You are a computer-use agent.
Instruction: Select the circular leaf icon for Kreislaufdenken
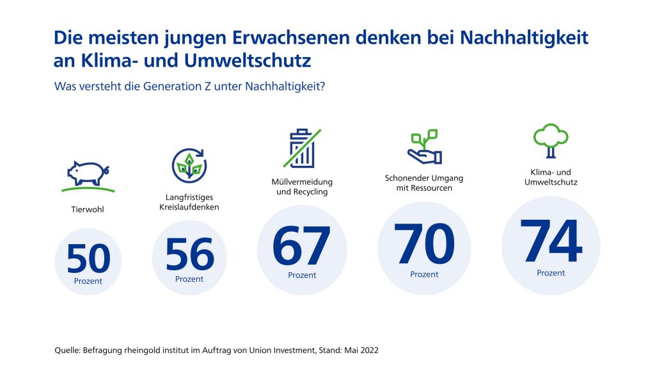(189, 166)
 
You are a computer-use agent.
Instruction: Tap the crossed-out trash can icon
(302, 148)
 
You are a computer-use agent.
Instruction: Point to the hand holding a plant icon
(425, 147)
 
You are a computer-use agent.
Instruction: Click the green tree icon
(551, 140)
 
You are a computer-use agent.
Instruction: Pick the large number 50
(88, 259)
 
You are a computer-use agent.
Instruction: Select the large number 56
(189, 254)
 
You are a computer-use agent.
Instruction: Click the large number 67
(302, 246)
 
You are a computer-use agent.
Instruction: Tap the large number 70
(425, 244)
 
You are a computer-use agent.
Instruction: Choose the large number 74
(551, 241)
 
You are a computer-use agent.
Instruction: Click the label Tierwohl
(87, 209)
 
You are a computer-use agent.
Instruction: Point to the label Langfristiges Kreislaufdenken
(189, 202)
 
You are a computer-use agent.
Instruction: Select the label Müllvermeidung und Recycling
(302, 187)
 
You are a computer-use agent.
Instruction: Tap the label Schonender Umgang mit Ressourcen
(424, 183)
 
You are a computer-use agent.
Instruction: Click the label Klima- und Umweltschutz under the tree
(551, 177)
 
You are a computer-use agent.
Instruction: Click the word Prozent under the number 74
(551, 273)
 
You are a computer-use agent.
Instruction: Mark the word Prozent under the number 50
(88, 281)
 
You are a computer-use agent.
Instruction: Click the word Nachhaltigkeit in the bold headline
(524, 38)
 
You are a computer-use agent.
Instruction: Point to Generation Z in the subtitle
(178, 86)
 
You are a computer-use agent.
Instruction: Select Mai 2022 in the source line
(361, 350)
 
